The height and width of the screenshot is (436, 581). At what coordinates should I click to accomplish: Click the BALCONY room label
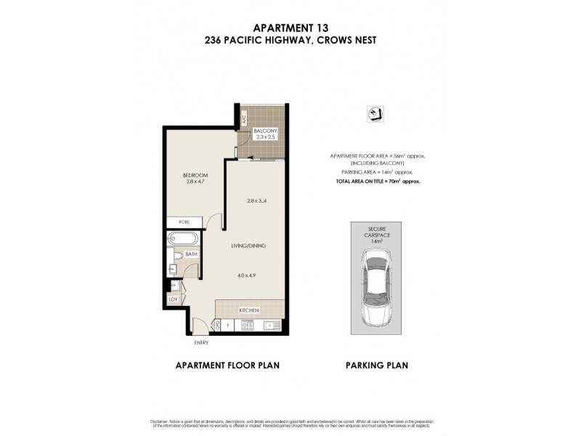pyautogui.click(x=265, y=131)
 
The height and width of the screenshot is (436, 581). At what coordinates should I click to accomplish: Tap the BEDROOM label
pyautogui.click(x=195, y=175)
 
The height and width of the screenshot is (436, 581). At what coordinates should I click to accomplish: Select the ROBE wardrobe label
pyautogui.click(x=175, y=222)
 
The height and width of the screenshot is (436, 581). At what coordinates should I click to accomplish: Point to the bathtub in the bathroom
pyautogui.click(x=182, y=238)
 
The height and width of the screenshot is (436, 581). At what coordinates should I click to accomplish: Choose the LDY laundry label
pyautogui.click(x=174, y=299)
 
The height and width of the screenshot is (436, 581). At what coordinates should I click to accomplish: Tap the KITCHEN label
pyautogui.click(x=249, y=310)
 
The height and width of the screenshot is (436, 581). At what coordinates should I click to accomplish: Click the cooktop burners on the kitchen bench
pyautogui.click(x=249, y=325)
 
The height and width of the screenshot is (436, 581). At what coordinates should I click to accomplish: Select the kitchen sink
pyautogui.click(x=272, y=325)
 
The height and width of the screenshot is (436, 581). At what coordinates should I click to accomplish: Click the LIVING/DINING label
pyautogui.click(x=249, y=246)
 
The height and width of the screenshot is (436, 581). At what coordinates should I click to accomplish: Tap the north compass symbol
pyautogui.click(x=376, y=113)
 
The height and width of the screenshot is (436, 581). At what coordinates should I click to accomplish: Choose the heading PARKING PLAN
pyautogui.click(x=376, y=366)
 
